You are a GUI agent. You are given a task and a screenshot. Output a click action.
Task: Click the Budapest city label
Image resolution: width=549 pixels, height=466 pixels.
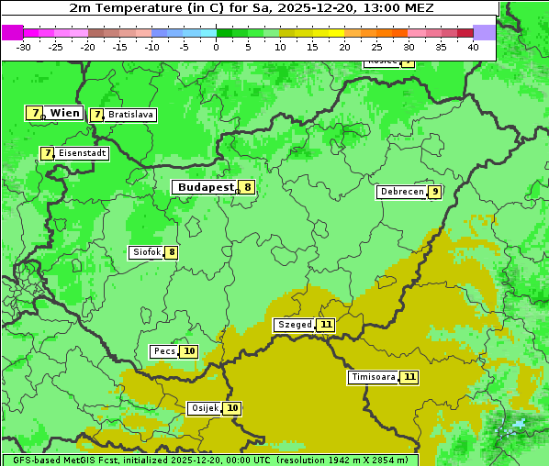click(x=206, y=187)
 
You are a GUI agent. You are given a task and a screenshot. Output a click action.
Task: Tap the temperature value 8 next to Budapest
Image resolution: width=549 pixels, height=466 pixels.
click(x=247, y=187)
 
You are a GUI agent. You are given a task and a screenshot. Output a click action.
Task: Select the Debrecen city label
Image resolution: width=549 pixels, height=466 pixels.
click(x=401, y=192)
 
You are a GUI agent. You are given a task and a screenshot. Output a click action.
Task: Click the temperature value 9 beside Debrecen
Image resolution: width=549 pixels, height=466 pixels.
click(x=434, y=192)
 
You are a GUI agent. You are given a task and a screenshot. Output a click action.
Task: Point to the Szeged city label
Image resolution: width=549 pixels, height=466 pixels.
click(x=295, y=325)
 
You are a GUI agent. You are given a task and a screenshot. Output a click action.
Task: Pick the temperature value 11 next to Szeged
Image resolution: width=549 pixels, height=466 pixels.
click(x=326, y=325)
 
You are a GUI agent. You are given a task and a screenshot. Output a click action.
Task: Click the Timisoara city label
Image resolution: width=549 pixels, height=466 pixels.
click(x=373, y=377)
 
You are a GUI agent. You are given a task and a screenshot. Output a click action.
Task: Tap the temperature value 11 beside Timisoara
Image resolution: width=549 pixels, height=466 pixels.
click(x=409, y=377)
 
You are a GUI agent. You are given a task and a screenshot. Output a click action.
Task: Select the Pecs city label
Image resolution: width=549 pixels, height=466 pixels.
click(x=164, y=351)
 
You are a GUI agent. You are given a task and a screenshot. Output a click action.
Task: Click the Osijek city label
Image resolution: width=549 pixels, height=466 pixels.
click(x=204, y=408)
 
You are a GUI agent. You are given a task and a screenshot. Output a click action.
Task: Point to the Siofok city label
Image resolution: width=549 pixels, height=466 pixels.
click(x=146, y=252)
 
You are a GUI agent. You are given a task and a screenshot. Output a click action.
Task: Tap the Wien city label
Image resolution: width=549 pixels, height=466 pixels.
click(x=64, y=113)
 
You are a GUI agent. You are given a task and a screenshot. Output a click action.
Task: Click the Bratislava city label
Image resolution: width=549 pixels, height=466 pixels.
click(x=129, y=115)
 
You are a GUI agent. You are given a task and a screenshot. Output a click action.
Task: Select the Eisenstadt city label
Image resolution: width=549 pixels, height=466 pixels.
click(x=82, y=153)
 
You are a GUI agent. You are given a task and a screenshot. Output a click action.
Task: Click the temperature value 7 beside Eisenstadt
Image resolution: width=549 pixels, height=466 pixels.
click(x=47, y=153)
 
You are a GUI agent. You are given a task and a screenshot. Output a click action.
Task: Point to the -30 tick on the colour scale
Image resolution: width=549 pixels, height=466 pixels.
click(x=24, y=47)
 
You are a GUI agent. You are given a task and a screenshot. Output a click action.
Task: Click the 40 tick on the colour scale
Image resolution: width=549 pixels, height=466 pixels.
click(x=473, y=47)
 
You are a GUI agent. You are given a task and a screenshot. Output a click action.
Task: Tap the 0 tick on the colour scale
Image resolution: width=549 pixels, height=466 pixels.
click(x=217, y=47)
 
